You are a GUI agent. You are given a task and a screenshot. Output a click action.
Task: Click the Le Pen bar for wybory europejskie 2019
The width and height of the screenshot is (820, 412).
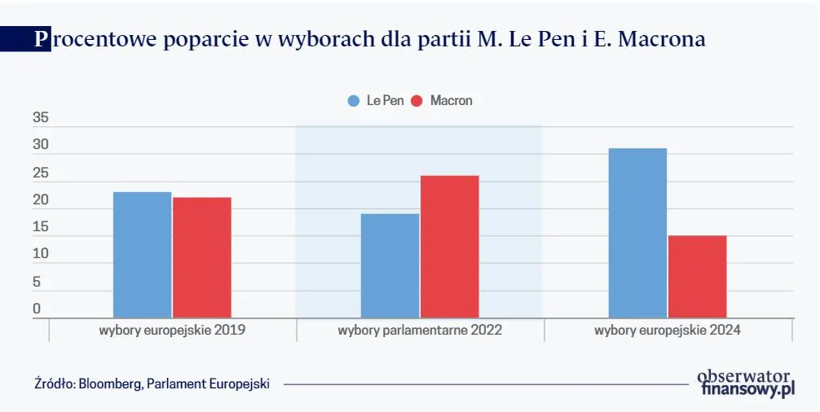[x=142, y=255]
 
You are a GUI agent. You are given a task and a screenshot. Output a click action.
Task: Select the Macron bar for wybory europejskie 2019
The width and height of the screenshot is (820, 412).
[x=201, y=257]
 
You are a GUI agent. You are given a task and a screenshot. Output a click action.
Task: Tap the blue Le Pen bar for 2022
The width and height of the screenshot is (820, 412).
[x=390, y=265]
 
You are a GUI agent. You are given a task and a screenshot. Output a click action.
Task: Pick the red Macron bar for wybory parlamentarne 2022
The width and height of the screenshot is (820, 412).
[x=449, y=247]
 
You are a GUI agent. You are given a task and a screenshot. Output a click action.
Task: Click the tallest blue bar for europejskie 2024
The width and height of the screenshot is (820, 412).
[x=637, y=233]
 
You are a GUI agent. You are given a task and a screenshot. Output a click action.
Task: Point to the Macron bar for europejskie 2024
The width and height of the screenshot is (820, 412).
[x=697, y=277]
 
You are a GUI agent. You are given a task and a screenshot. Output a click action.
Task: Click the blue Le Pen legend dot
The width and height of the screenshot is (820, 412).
[x=354, y=101]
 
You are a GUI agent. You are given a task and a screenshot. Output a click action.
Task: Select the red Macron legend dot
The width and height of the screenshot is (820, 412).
[x=417, y=101]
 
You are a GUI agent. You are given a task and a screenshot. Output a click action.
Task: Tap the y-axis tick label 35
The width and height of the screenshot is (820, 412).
[x=41, y=118]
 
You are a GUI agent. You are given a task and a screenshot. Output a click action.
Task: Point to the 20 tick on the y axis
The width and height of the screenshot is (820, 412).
[x=41, y=199]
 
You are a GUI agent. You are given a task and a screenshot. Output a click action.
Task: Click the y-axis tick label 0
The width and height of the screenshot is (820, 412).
[x=37, y=309]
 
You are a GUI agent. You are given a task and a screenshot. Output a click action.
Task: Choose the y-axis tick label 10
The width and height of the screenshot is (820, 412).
[x=41, y=254]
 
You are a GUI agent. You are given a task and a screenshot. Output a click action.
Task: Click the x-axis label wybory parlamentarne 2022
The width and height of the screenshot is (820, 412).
[x=420, y=331]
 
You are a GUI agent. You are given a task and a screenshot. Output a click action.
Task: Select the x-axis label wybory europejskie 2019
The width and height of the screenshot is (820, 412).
[x=172, y=331]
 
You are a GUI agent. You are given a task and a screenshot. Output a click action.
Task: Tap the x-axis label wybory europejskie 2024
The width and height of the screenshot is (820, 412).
[x=668, y=331]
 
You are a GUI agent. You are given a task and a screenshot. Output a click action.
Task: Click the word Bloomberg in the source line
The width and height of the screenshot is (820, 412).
[x=110, y=384]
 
